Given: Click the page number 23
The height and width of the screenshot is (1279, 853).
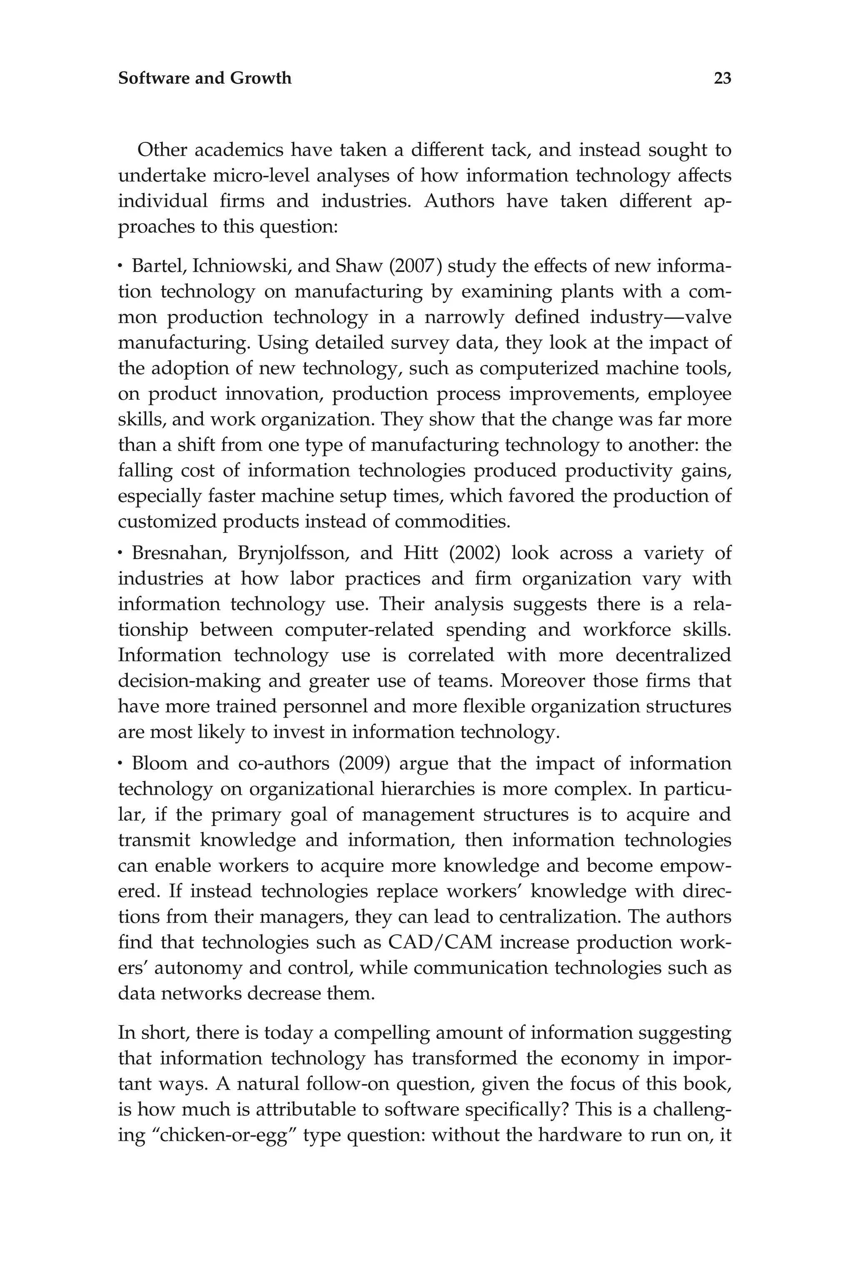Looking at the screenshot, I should click(722, 78).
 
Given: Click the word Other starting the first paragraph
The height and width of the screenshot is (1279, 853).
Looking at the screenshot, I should click(160, 149).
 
